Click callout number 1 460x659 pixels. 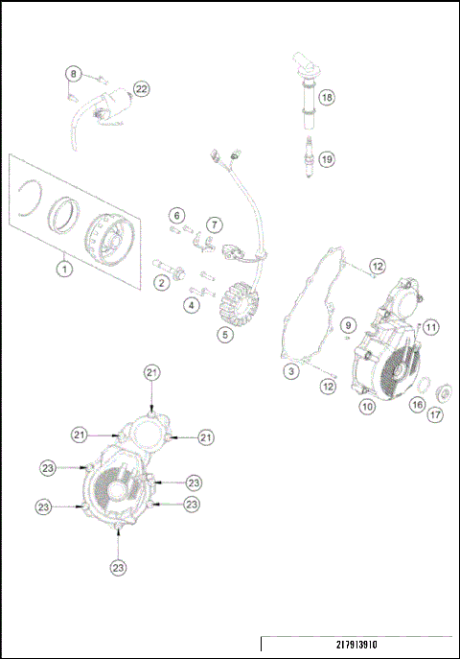(63, 269)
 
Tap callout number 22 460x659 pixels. (142, 89)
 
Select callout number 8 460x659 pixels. (73, 74)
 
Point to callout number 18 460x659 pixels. (327, 98)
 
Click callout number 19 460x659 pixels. (327, 159)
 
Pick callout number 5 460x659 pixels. (224, 335)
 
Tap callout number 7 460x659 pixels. (215, 224)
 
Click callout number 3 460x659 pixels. (289, 370)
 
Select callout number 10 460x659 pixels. (366, 406)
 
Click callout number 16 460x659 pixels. (417, 406)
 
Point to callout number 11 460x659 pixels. (431, 327)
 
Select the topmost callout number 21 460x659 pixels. (151, 372)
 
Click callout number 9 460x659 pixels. (349, 324)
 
